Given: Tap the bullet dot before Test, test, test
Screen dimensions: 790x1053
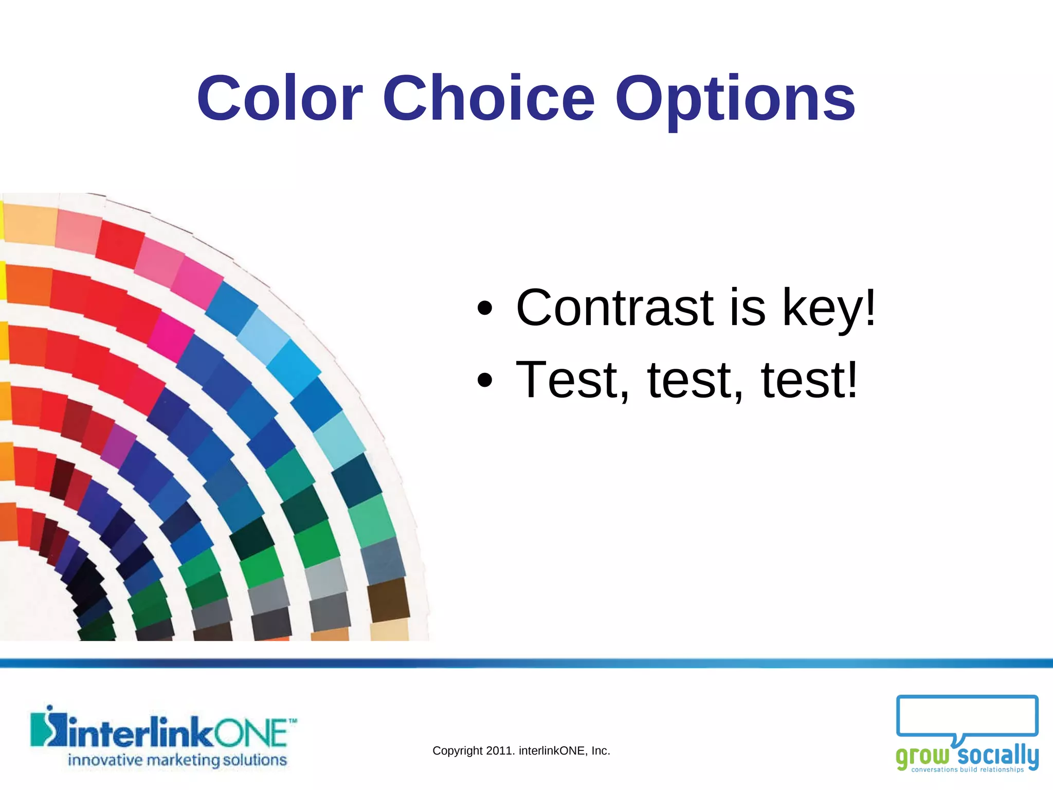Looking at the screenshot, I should pyautogui.click(x=484, y=381).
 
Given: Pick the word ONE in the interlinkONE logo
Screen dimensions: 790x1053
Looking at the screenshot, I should pyautogui.click(x=251, y=733).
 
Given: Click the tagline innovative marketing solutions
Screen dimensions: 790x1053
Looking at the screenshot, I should pyautogui.click(x=177, y=760).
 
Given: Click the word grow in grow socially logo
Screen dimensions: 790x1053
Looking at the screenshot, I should pyautogui.click(x=922, y=756).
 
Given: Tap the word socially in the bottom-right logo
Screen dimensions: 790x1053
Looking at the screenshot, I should pyautogui.click(x=997, y=755).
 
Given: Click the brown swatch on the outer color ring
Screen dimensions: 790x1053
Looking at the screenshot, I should pyautogui.click(x=388, y=600).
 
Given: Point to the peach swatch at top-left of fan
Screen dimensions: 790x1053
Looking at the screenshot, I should pyautogui.click(x=30, y=224).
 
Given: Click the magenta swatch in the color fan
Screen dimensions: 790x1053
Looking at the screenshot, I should pyautogui.click(x=171, y=337).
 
